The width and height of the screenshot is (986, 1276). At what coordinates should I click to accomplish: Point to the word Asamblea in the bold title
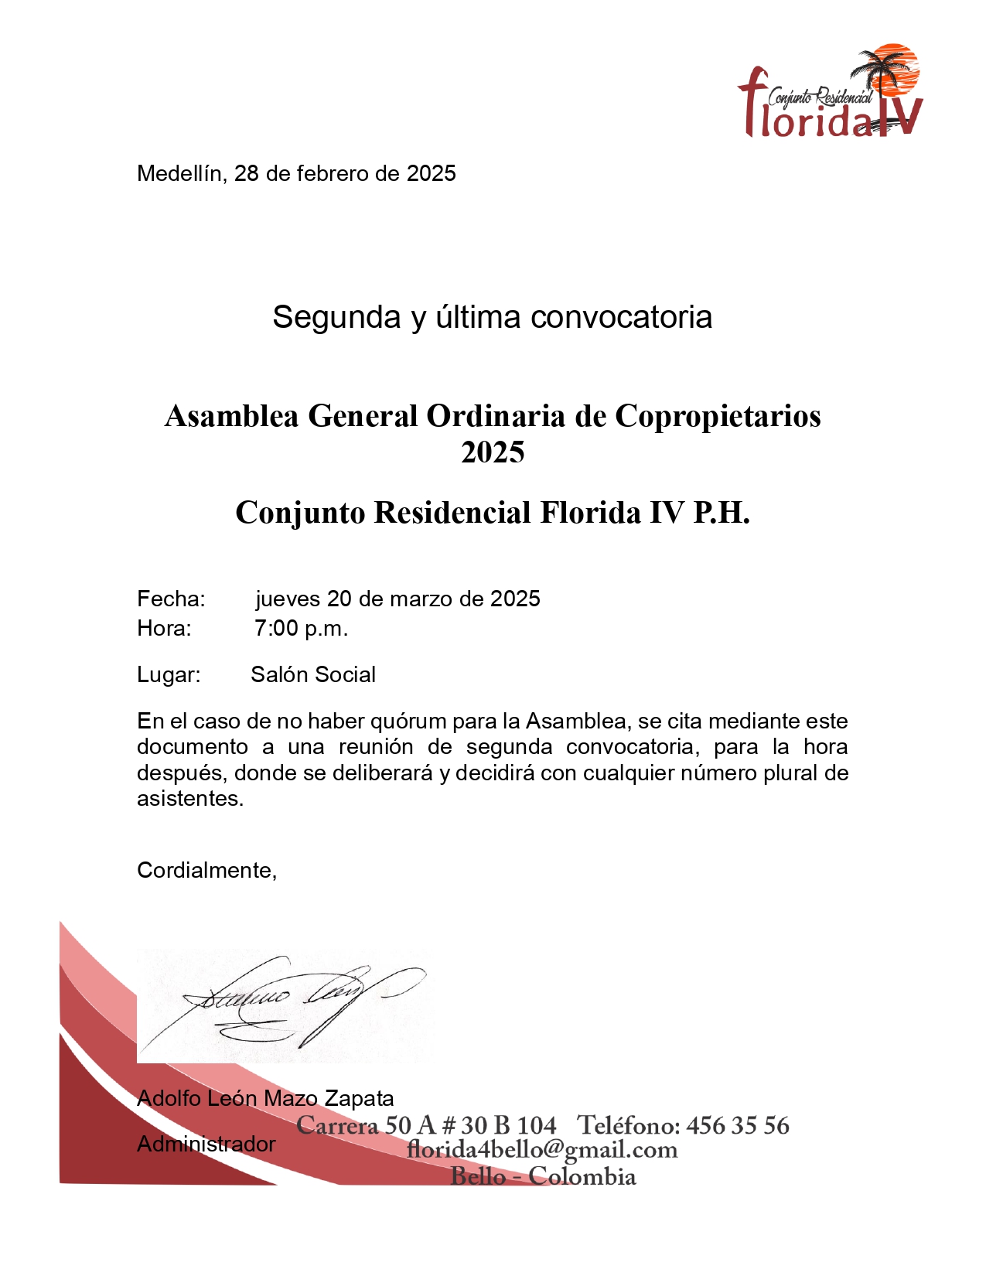[x=231, y=416]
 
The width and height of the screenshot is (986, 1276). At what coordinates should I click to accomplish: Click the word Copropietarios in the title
[x=718, y=416]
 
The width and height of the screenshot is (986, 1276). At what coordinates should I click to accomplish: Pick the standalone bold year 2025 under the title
[x=493, y=452]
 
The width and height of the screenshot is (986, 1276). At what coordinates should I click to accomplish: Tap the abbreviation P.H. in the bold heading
[x=721, y=513]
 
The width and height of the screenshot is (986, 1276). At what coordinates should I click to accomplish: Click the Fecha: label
[x=171, y=599]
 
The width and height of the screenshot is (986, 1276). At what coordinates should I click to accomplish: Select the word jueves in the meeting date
[x=288, y=599]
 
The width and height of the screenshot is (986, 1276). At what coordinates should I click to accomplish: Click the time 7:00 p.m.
[x=301, y=628]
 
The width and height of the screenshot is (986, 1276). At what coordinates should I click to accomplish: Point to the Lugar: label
[x=169, y=674]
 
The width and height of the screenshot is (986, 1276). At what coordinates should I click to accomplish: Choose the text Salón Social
[x=313, y=674]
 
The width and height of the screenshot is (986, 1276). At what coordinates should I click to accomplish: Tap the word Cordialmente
[x=206, y=870]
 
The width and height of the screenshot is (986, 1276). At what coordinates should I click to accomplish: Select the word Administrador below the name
[x=206, y=1144]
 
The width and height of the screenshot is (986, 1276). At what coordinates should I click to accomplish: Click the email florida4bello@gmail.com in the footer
[x=542, y=1150]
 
